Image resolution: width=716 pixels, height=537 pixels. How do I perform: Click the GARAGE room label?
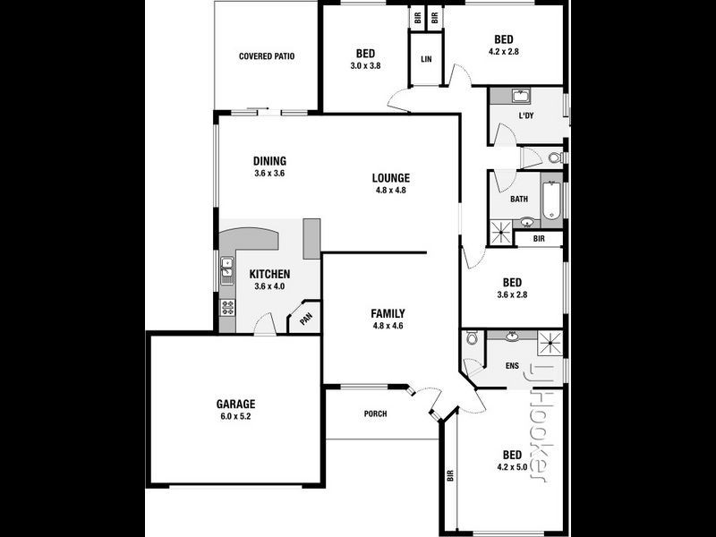click(235, 405)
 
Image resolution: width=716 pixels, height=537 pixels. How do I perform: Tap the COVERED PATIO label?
click(267, 56)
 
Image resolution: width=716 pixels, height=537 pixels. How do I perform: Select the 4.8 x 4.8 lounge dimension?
click(391, 191)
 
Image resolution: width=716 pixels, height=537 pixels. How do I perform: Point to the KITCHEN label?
click(269, 274)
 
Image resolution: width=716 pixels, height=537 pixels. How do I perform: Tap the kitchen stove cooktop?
click(227, 308)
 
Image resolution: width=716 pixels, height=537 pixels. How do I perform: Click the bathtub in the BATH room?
click(551, 200)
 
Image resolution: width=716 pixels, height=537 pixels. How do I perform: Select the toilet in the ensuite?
click(472, 338)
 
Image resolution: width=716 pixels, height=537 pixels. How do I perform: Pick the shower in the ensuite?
click(550, 343)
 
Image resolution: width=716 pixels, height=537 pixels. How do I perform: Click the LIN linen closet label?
click(426, 59)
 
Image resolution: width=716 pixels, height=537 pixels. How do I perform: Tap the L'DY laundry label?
click(526, 116)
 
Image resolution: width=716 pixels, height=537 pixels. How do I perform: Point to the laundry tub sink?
click(521, 97)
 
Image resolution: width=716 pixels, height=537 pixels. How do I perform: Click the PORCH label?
click(375, 414)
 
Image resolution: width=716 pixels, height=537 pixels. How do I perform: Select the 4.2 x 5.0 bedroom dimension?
click(512, 467)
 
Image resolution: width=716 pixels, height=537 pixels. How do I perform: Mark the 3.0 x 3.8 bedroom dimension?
click(365, 65)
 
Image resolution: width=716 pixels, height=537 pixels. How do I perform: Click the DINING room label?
click(270, 161)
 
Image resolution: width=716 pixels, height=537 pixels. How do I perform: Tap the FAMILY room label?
click(388, 314)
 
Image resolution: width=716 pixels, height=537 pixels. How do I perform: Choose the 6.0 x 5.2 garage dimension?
click(235, 416)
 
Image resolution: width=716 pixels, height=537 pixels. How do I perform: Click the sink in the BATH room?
click(527, 223)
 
